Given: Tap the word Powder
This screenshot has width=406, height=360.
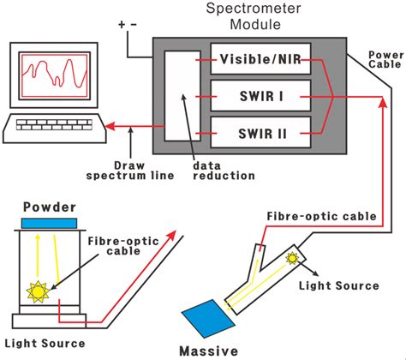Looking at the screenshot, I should [x=51, y=207].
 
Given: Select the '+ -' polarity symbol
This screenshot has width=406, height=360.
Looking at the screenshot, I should [x=127, y=26].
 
